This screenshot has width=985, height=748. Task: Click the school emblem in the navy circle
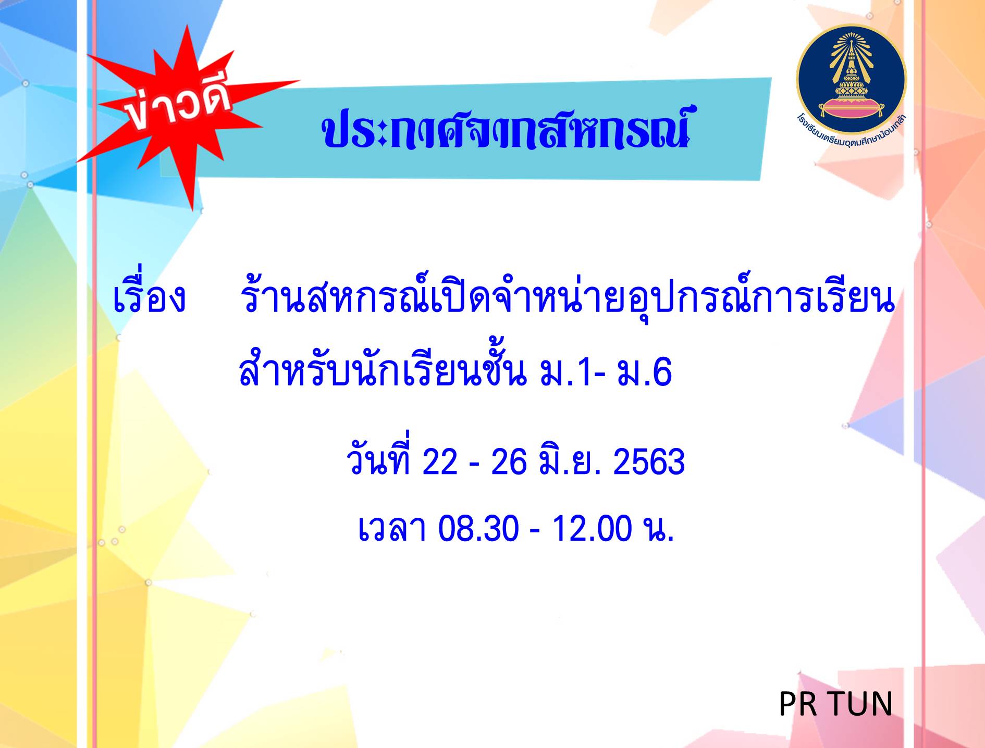coord(851,79)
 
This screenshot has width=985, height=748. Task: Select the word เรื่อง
coord(149,298)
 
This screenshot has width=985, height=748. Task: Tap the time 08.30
coord(478,528)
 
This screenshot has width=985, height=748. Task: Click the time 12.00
coord(592,528)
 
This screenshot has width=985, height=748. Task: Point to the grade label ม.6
coord(645,373)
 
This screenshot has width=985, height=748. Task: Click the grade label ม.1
coord(566,373)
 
